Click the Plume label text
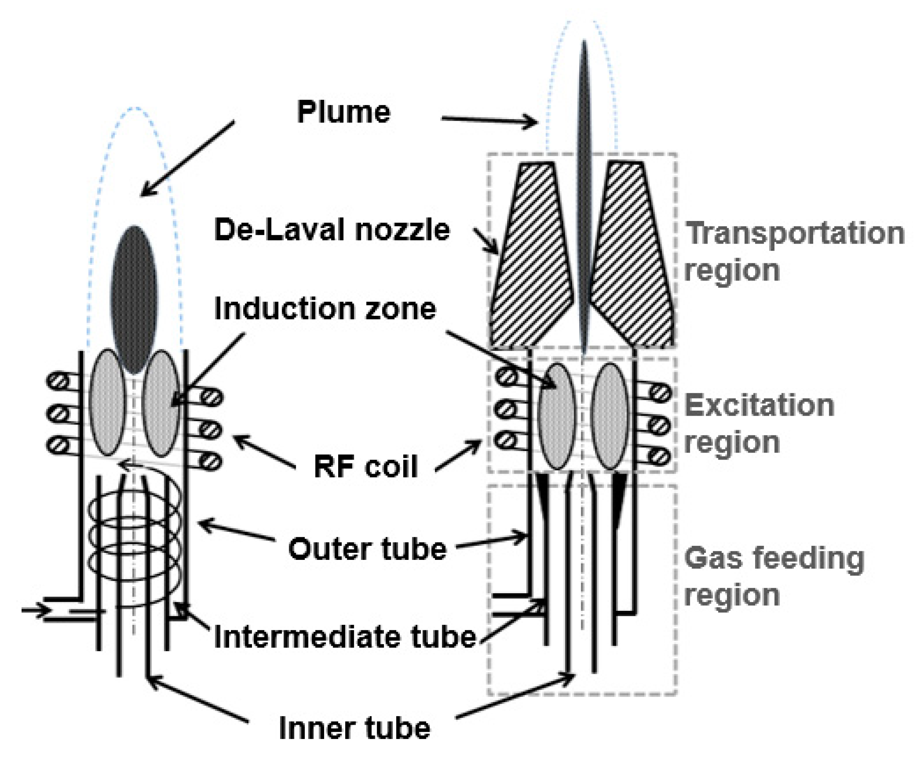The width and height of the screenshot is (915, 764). pyautogui.click(x=343, y=112)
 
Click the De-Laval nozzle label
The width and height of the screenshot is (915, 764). pyautogui.click(x=332, y=230)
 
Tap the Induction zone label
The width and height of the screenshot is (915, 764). pyautogui.click(x=325, y=309)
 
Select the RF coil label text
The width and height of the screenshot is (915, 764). pyautogui.click(x=366, y=467)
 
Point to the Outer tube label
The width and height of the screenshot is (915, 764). pyautogui.click(x=367, y=549)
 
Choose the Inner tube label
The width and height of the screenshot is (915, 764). pyautogui.click(x=354, y=728)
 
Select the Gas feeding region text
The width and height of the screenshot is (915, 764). pyautogui.click(x=774, y=576)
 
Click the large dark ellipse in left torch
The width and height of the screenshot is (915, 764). pyautogui.click(x=134, y=300)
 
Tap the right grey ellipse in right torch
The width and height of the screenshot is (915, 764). pyautogui.click(x=611, y=416)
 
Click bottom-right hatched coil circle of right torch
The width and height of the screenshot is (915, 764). pyautogui.click(x=660, y=456)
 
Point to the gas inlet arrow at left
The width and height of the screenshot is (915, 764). pyautogui.click(x=36, y=610)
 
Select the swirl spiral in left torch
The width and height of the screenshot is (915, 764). pyautogui.click(x=134, y=536)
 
